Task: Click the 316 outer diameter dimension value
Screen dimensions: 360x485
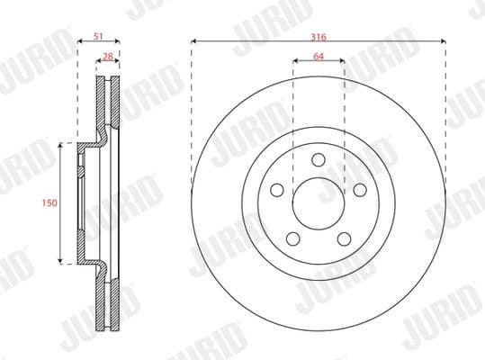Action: (x=319, y=36)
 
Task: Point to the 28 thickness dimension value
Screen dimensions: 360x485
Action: (x=108, y=57)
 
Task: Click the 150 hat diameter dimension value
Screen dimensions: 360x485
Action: (x=49, y=203)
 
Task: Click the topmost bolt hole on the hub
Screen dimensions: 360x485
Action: (x=319, y=159)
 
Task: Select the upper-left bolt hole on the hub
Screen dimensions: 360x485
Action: (x=277, y=190)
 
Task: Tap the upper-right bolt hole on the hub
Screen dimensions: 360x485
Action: (x=360, y=190)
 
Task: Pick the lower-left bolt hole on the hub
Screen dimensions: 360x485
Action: (x=292, y=238)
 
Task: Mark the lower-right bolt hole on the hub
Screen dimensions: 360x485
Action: (x=345, y=238)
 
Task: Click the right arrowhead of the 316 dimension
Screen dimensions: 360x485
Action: (x=443, y=42)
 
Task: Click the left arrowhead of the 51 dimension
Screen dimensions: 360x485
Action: (x=78, y=42)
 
